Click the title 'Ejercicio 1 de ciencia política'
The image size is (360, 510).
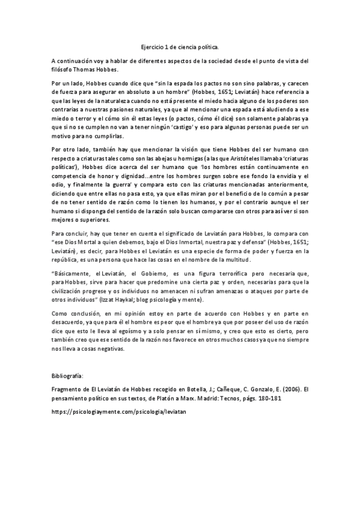point(180,46)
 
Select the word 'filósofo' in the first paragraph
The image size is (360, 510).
point(63,70)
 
